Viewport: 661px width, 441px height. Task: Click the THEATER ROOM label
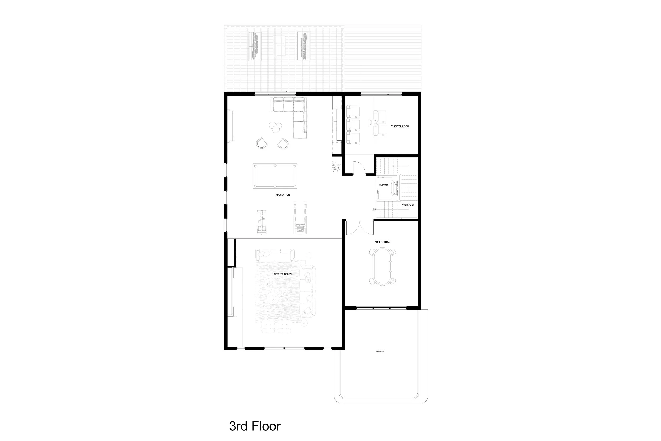click(400, 126)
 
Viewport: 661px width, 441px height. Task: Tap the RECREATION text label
click(282, 195)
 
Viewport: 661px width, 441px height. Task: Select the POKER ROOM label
click(382, 242)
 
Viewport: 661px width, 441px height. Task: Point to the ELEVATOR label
click(384, 185)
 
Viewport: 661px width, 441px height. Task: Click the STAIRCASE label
click(408, 205)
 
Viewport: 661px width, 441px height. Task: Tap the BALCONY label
click(380, 351)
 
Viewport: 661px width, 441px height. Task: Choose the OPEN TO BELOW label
click(283, 274)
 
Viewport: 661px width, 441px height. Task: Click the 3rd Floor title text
click(255, 426)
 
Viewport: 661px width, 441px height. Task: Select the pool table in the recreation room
click(275, 176)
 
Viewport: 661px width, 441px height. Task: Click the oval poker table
click(382, 266)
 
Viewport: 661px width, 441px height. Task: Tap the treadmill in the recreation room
click(300, 218)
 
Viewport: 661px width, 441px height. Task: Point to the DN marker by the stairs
click(374, 210)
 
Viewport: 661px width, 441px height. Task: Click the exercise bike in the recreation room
click(261, 222)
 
